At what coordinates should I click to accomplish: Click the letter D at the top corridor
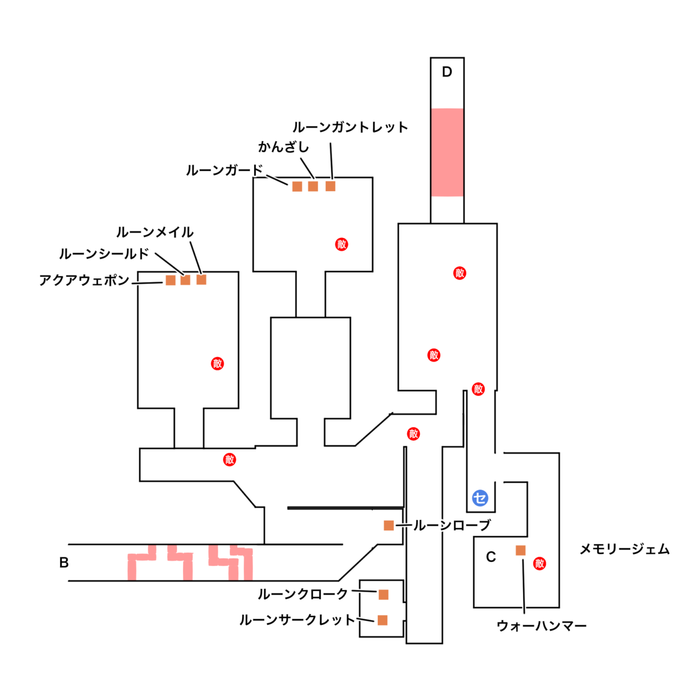coord(447,72)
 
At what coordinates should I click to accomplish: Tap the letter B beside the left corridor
coord(64,562)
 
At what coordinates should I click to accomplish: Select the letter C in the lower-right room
coord(491,557)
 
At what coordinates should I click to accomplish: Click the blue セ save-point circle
coord(480,498)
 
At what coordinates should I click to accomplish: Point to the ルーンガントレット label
coord(350,127)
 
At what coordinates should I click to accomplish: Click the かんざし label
coord(284,147)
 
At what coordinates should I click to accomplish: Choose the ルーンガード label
coord(224,170)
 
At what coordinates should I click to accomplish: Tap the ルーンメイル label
coord(155,232)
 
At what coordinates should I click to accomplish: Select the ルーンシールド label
coord(104,254)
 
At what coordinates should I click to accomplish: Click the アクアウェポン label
coord(84,281)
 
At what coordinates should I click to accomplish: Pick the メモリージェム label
coord(624,550)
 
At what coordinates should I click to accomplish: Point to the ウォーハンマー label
coord(542,626)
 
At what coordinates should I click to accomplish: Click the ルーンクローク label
coord(303,595)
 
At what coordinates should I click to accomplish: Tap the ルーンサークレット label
coord(298,620)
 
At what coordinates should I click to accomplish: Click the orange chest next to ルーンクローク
coord(384,595)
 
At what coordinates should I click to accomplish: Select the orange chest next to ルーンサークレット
coord(382,620)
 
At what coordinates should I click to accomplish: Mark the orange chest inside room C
coord(521,550)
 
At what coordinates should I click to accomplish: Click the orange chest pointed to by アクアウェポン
coord(170,280)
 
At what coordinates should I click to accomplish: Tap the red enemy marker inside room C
coord(540,564)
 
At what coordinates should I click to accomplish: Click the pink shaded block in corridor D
coord(447,152)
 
